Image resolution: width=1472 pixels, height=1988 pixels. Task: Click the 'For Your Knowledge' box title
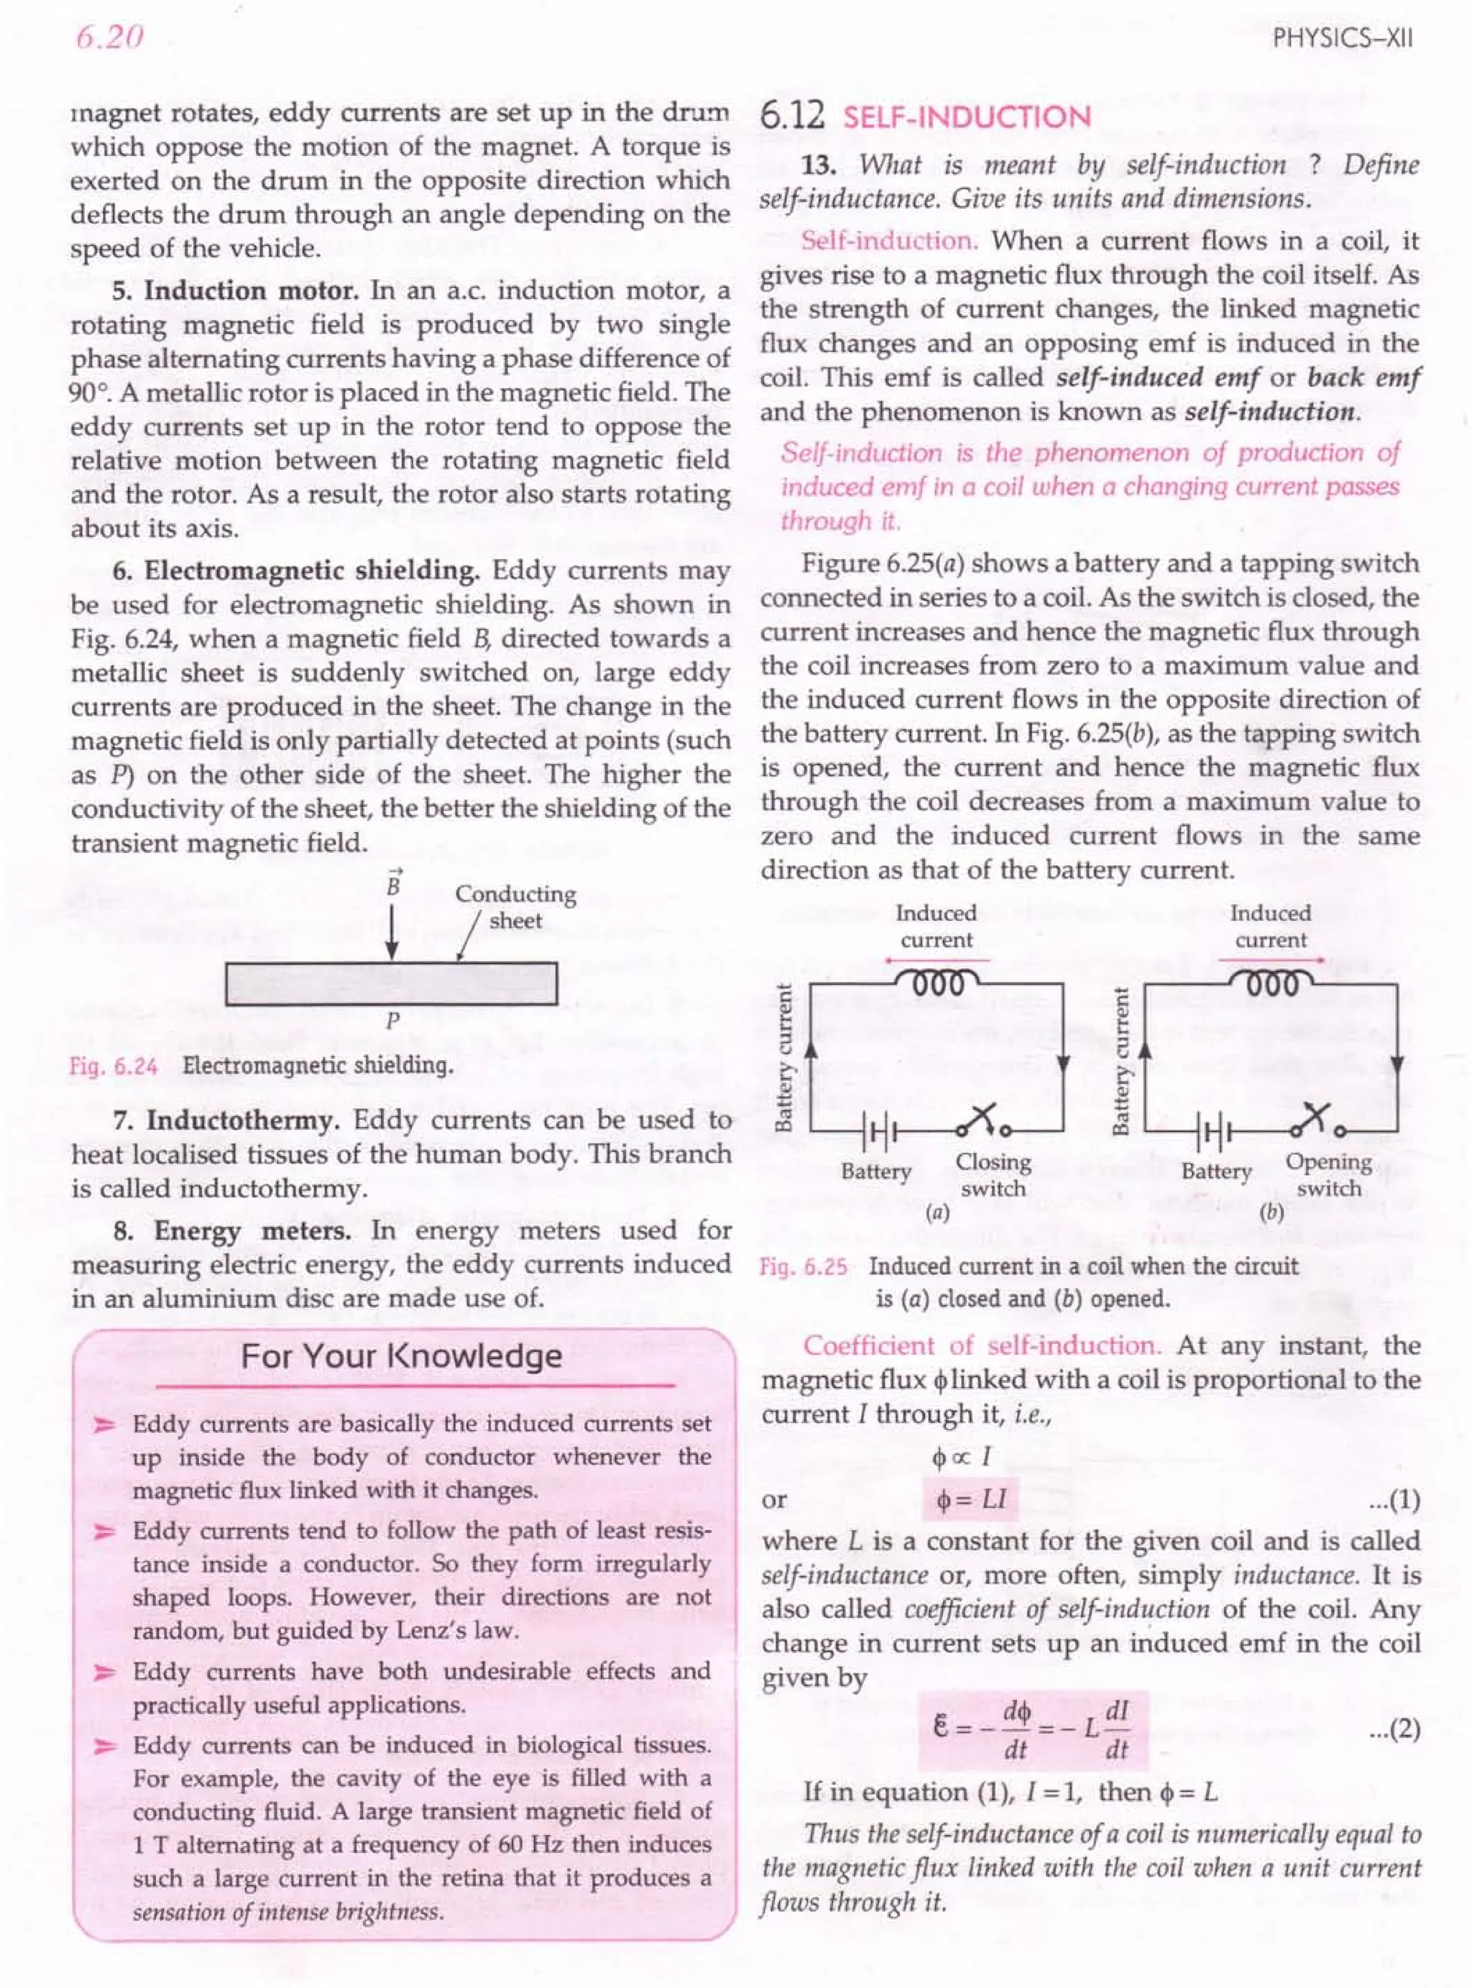[x=402, y=1356]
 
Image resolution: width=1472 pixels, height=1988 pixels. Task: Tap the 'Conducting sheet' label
[x=515, y=906]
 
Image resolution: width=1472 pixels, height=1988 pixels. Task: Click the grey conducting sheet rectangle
[x=391, y=984]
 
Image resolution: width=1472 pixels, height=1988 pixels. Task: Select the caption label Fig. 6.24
[x=113, y=1067]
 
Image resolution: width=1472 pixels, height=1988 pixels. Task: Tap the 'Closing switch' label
[x=993, y=1174]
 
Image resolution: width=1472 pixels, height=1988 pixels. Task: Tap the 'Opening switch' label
[x=1328, y=1174]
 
